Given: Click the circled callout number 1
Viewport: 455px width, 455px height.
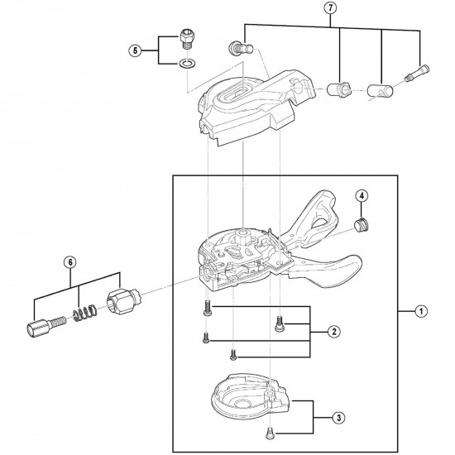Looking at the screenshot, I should [420, 312].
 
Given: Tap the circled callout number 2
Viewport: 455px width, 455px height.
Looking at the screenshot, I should [333, 332].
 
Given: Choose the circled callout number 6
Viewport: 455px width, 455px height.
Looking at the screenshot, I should [70, 262].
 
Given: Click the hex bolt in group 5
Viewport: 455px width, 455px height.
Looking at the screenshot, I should [187, 39].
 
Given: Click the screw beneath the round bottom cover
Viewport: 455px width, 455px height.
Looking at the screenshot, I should [271, 431].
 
